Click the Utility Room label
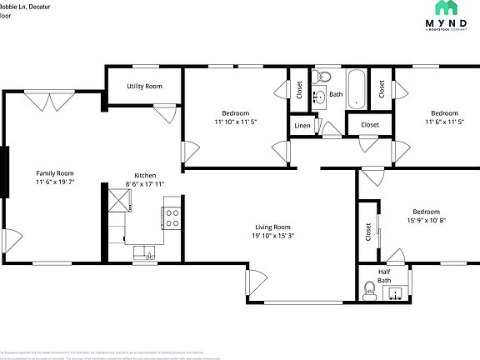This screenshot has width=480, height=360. pyautogui.click(x=144, y=87)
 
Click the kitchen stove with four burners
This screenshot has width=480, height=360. pyautogui.click(x=172, y=218)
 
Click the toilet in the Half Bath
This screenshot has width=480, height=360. pyautogui.click(x=369, y=290)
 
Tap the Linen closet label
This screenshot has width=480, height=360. pyautogui.click(x=302, y=125)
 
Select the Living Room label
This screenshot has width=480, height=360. pyautogui.click(x=272, y=227)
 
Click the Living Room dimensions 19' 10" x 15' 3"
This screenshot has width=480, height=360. pyautogui.click(x=272, y=236)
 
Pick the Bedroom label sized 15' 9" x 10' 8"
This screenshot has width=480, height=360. pyautogui.click(x=426, y=212)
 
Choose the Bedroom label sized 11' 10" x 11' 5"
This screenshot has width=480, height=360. pyautogui.click(x=235, y=113)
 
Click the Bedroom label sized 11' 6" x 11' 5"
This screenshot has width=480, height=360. pyautogui.click(x=444, y=113)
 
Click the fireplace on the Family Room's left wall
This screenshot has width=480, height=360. pyautogui.click(x=6, y=172)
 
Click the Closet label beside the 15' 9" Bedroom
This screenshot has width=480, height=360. pyautogui.click(x=367, y=232)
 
